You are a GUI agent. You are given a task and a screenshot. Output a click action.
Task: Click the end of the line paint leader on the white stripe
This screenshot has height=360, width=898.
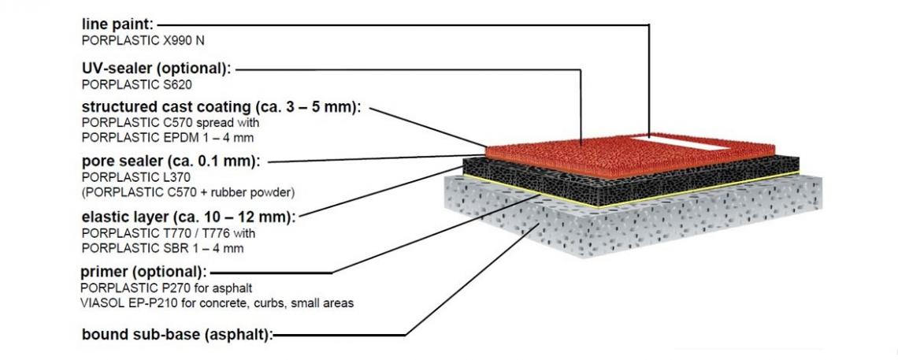pos(649,137)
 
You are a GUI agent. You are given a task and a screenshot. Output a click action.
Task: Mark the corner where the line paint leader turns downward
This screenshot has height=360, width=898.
pos(649,25)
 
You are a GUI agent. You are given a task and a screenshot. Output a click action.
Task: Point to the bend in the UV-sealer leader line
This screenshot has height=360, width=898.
pos(581,70)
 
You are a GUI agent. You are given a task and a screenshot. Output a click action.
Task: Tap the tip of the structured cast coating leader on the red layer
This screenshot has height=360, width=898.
pos(487,147)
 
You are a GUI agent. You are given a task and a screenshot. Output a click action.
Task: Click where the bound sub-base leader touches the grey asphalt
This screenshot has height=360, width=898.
pos(539,225)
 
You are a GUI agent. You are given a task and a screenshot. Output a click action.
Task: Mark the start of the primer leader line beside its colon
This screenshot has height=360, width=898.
pos(211,273)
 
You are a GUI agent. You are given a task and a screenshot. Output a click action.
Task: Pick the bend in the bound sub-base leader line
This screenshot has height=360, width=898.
pos(406,334)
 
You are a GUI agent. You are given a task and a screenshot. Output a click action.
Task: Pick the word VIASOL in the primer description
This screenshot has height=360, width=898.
pos(98,302)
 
